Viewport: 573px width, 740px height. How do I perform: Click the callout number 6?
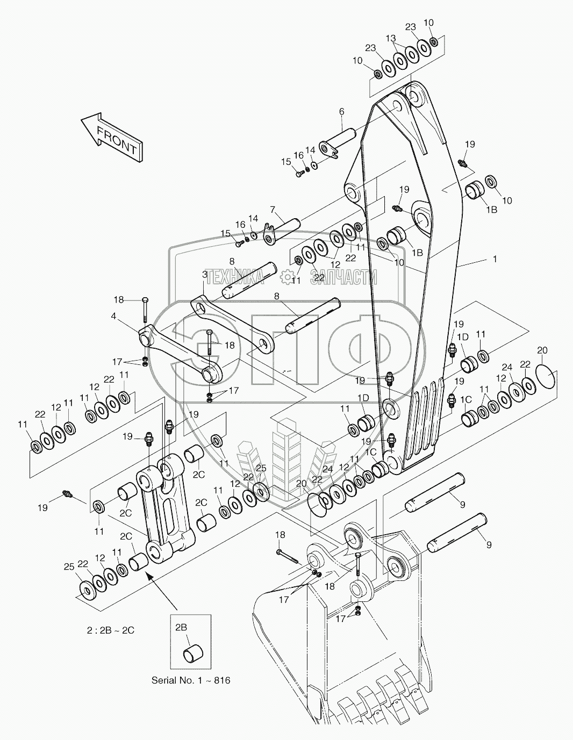click(x=341, y=112)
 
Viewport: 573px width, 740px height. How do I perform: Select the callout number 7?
click(x=273, y=209)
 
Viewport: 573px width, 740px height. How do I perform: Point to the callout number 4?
click(x=113, y=317)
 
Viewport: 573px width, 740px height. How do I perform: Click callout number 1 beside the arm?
click(x=495, y=259)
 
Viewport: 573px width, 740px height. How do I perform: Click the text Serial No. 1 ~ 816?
click(x=191, y=680)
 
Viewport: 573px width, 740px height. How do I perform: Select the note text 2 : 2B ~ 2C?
click(x=111, y=630)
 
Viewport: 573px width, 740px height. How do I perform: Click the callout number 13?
click(x=391, y=39)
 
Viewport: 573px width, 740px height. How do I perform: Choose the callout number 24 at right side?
click(x=507, y=368)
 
